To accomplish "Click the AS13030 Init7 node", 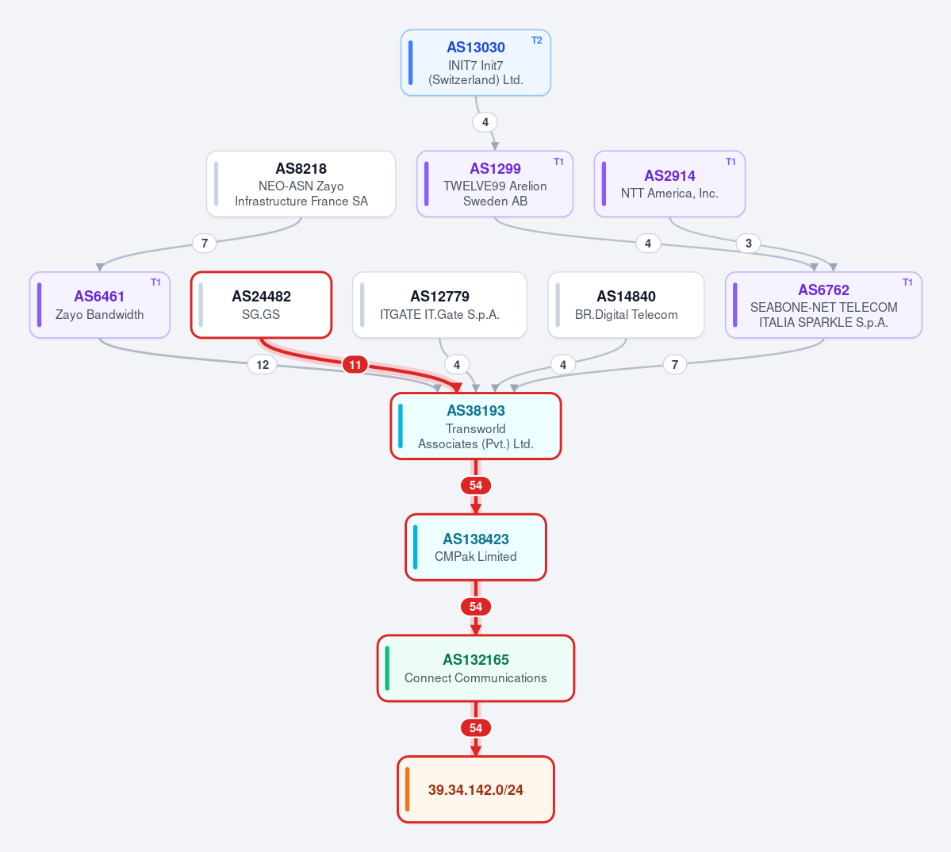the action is (476, 63).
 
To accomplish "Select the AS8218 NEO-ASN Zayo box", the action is (301, 184).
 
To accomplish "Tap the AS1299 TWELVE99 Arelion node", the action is (495, 184).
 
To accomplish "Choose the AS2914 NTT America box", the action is (669, 184).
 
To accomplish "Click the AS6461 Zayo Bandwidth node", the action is (99, 305).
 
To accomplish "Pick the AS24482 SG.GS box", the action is (262, 305).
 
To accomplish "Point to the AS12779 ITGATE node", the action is (439, 305).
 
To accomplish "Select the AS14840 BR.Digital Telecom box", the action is (626, 305).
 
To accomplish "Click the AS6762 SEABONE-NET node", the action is (823, 305).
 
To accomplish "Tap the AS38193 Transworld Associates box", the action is (476, 426).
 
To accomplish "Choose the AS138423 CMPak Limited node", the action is (476, 547).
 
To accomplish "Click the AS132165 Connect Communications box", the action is (476, 668).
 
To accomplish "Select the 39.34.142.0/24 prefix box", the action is (476, 789).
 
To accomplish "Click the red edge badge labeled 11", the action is (355, 364).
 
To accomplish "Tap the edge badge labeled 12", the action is (262, 364).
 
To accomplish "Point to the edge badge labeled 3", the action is (749, 244).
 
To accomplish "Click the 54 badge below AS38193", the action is (476, 485).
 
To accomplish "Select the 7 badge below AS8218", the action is (205, 244).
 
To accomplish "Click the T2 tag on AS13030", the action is (537, 40).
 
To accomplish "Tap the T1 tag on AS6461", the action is (156, 282).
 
